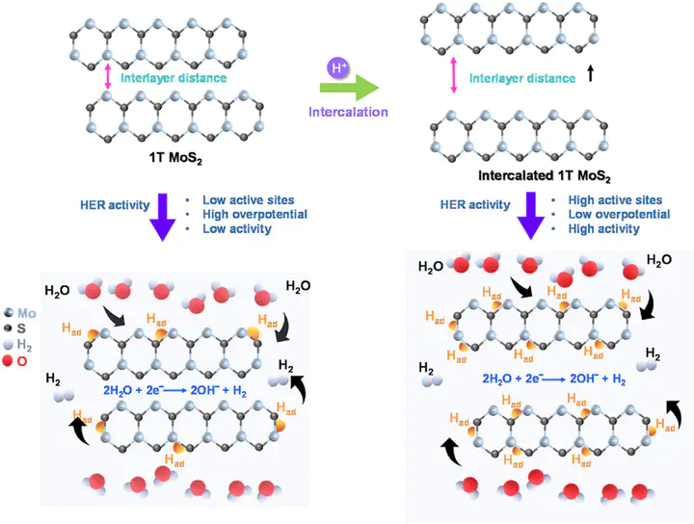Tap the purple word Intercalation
(x=348, y=112)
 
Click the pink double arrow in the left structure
(x=108, y=75)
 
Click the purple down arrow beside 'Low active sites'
(x=164, y=219)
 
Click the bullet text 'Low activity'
(x=238, y=229)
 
